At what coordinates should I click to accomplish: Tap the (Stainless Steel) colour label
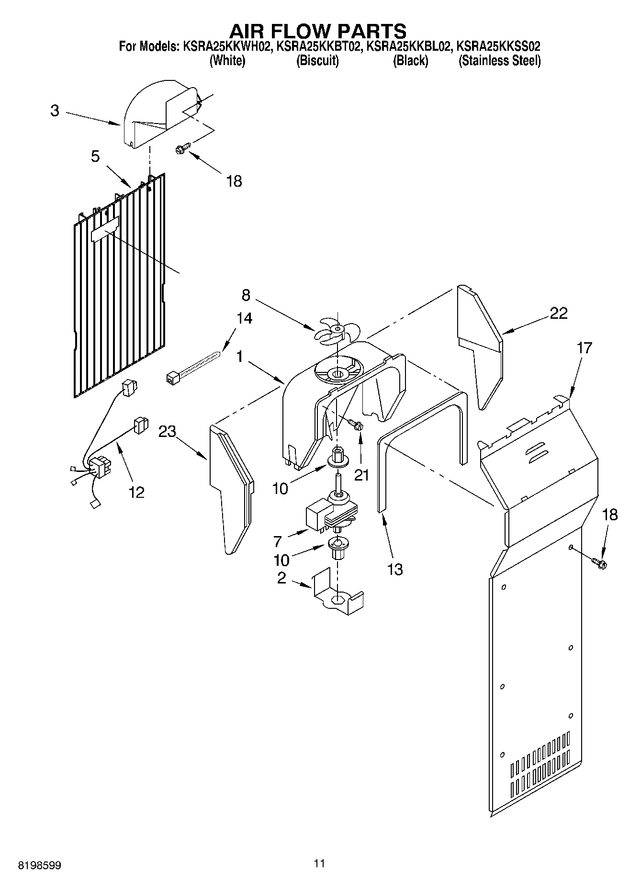point(499,61)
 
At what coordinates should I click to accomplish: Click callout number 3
point(55,111)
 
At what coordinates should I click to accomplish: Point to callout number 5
point(95,156)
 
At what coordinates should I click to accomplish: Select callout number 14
point(244,318)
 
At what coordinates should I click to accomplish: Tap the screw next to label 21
point(356,423)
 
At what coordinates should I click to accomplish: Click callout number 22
point(558,313)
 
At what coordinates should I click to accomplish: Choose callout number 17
point(585,347)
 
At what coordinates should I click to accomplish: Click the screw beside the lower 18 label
point(599,563)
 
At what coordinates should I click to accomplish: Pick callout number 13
point(395,569)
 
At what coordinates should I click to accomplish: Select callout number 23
point(168,431)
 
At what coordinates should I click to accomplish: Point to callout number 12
point(136,492)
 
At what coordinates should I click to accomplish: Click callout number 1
point(241,357)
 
